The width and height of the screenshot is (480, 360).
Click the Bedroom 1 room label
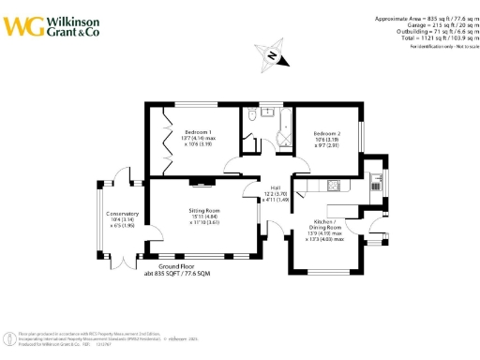[198, 131]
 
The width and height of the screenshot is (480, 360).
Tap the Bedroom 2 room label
[325, 134]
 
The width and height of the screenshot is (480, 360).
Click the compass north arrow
[271, 55]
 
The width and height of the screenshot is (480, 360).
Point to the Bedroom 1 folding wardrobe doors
[166, 141]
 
